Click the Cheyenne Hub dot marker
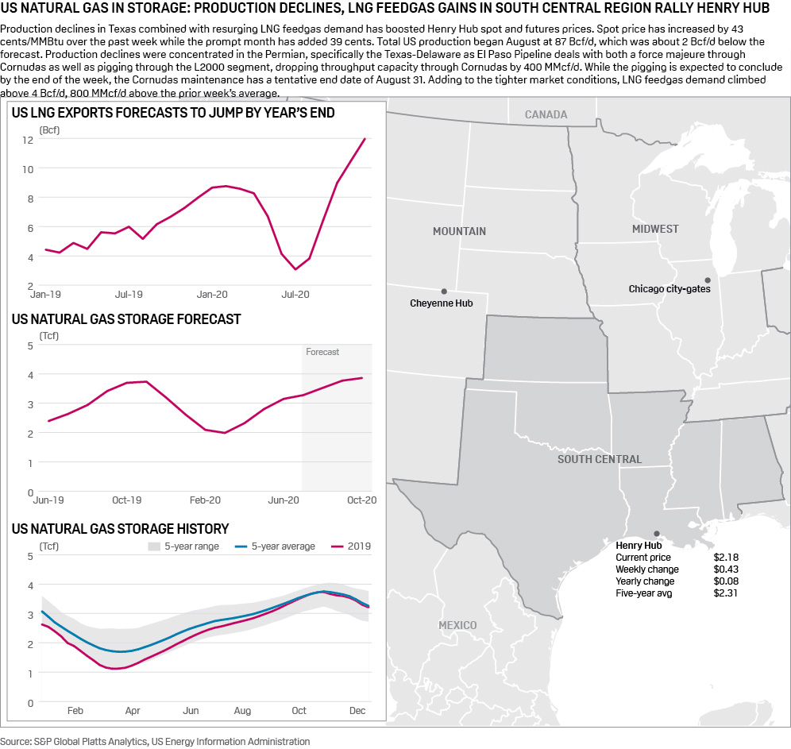pyautogui.click(x=444, y=291)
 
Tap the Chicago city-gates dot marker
pyautogui.click(x=707, y=280)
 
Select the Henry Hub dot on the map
pyautogui.click(x=656, y=534)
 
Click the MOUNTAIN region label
pyautogui.click(x=459, y=231)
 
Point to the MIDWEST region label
pyautogui.click(x=655, y=229)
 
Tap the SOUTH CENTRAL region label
pyautogui.click(x=599, y=459)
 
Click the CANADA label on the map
pyautogui.click(x=546, y=114)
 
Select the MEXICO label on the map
pyautogui.click(x=457, y=625)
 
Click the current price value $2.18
pyautogui.click(x=726, y=558)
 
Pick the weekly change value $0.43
pyautogui.click(x=726, y=569)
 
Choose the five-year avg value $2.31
pyautogui.click(x=726, y=593)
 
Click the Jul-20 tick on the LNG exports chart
pyautogui.click(x=295, y=294)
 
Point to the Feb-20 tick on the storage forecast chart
pyautogui.click(x=205, y=500)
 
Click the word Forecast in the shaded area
pyautogui.click(x=322, y=352)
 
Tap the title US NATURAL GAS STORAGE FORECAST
pyautogui.click(x=126, y=319)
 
